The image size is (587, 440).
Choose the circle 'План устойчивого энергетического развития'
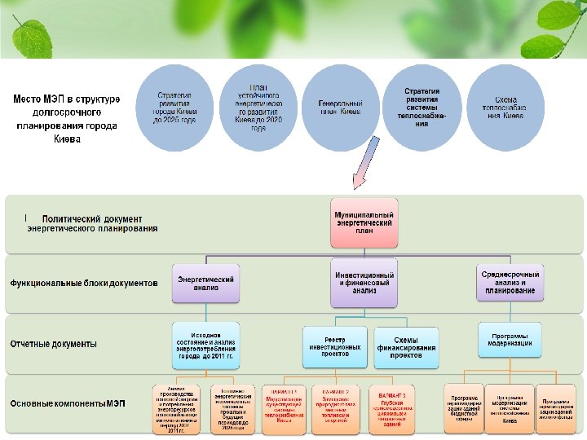click(258, 107)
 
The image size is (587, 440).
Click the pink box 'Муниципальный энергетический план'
click(364, 222)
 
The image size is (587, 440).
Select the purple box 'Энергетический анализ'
click(206, 283)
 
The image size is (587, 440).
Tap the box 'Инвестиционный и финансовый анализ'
click(364, 283)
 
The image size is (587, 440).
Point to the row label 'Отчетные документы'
click(53, 344)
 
